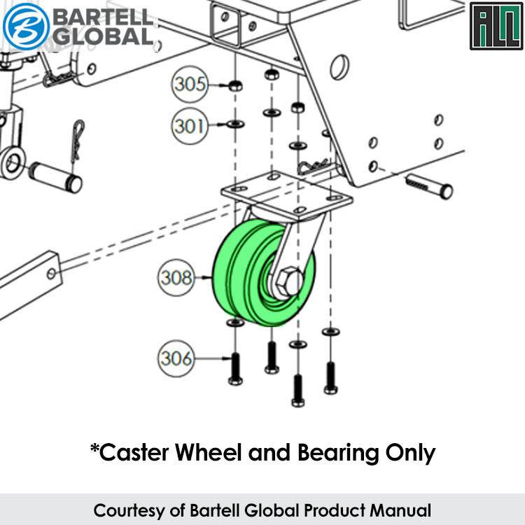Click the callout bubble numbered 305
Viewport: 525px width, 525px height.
pyautogui.click(x=190, y=85)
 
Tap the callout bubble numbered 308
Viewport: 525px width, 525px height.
pyautogui.click(x=175, y=278)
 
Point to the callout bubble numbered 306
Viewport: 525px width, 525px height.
pyautogui.click(x=176, y=358)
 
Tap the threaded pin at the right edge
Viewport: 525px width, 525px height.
pyautogui.click(x=428, y=186)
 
